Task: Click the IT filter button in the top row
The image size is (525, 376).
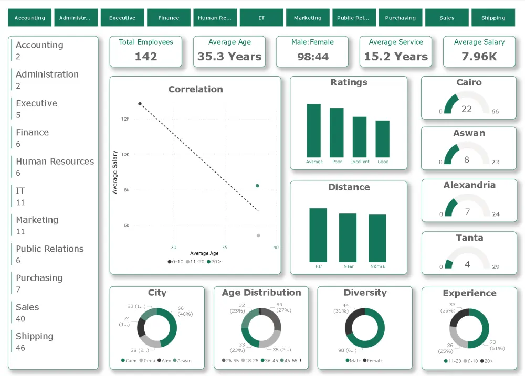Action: click(261, 18)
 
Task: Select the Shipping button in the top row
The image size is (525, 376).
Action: click(493, 18)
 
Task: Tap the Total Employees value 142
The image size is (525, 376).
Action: click(146, 57)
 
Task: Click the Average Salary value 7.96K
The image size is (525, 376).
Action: click(479, 57)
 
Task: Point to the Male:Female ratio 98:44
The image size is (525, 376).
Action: click(312, 57)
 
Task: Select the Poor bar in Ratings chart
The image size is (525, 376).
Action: click(337, 132)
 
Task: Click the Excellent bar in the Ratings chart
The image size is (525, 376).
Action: click(360, 137)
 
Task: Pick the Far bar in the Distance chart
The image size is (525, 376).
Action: click(318, 235)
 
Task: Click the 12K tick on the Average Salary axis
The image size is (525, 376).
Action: click(125, 119)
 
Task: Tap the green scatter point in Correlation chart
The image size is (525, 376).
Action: click(257, 186)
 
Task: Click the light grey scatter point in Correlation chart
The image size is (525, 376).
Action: click(258, 235)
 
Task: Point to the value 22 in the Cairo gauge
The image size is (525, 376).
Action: click(467, 109)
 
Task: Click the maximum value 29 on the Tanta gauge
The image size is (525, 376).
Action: click(496, 267)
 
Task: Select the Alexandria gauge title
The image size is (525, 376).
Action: click(469, 185)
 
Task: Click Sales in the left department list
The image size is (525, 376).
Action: click(27, 307)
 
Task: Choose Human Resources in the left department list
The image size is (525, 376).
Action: click(55, 162)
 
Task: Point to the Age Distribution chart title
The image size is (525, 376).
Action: click(261, 293)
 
